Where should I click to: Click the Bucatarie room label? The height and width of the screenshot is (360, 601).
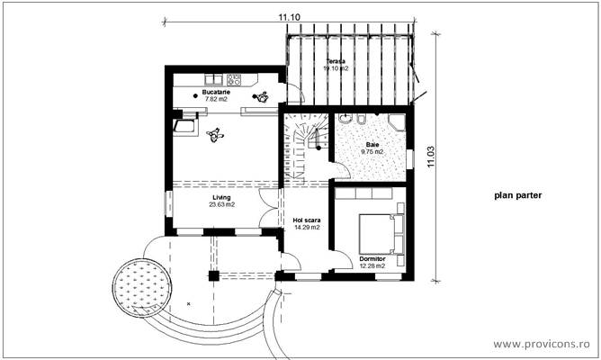tap(214, 93)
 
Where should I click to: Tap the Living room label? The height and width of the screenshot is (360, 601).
tap(221, 196)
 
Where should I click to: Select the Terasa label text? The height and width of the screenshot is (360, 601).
tap(336, 60)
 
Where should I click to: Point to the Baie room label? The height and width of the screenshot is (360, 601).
tap(372, 145)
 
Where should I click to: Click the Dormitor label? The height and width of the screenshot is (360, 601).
tap(372, 258)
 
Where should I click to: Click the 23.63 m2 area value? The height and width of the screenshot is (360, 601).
tap(221, 204)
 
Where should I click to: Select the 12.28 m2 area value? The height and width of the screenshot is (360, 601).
tap(372, 265)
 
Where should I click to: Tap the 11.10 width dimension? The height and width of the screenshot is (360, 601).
tap(288, 16)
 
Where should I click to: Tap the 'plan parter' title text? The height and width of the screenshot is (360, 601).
tap(517, 193)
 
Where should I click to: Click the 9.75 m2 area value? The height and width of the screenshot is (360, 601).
tap(372, 152)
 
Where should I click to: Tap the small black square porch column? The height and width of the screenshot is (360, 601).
tap(213, 274)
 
